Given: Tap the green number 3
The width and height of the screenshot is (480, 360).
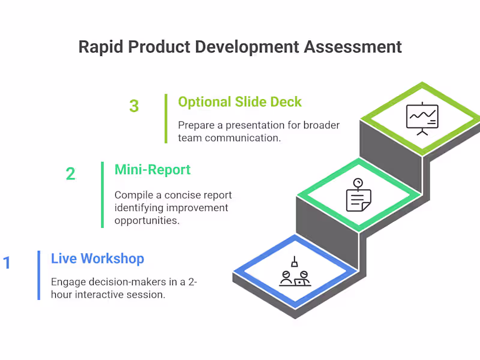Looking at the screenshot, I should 134,106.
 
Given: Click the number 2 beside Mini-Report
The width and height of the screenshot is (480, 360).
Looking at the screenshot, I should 71,174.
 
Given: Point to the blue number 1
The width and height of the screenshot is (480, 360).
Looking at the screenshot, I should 7,263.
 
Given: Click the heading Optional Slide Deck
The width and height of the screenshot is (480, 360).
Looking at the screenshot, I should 240,101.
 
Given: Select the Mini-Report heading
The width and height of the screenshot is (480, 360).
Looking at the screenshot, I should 152,170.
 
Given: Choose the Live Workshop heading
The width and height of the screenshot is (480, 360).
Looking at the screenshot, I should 97,259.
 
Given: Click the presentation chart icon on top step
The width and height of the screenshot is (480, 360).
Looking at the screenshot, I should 422,118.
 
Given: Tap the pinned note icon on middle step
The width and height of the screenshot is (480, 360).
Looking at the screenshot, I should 358,195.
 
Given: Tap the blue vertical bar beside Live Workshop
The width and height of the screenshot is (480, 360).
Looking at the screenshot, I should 39,275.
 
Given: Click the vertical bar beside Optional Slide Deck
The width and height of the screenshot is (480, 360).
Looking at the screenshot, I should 166,118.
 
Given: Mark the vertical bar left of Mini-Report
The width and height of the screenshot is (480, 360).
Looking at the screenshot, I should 103,194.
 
